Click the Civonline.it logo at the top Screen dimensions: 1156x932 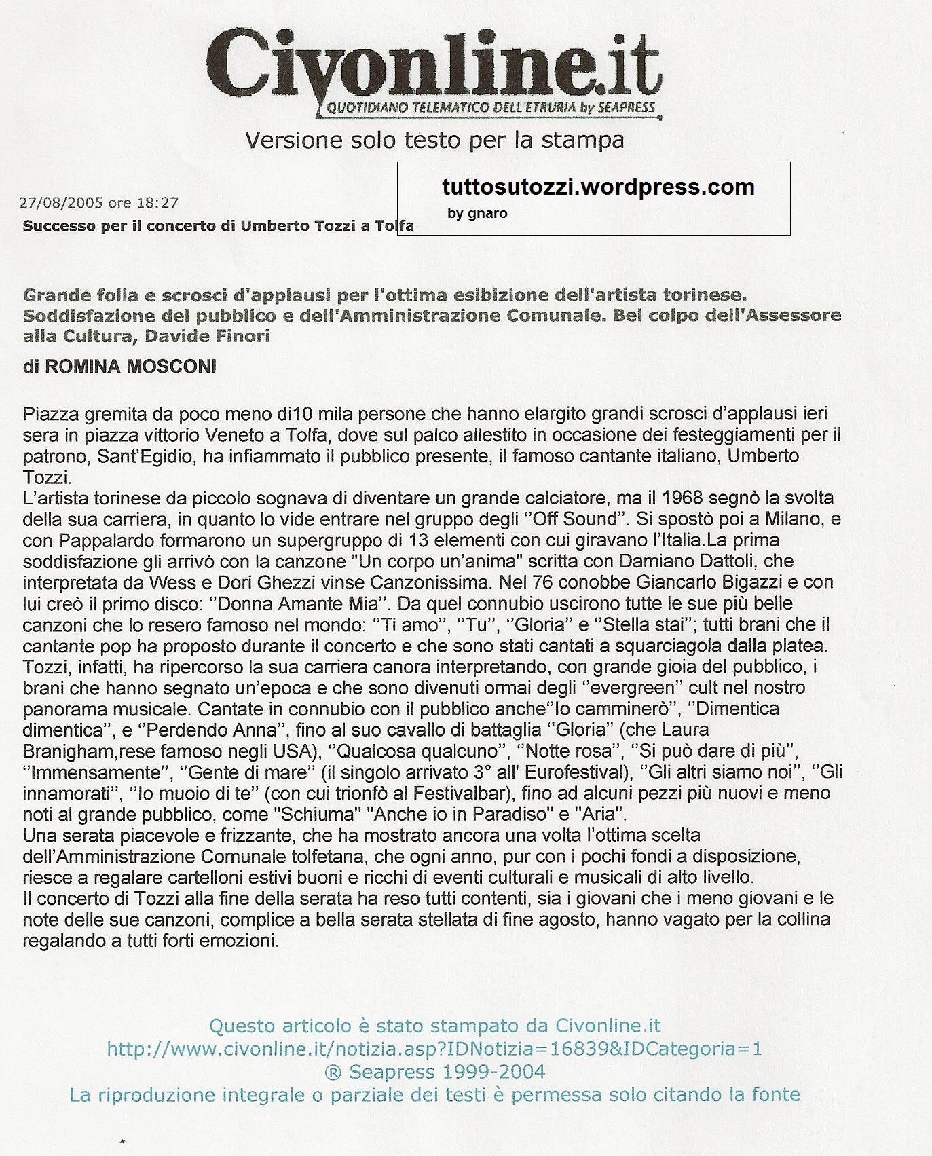(x=434, y=64)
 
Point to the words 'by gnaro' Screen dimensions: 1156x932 (x=477, y=213)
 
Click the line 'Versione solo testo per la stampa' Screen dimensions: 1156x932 (x=434, y=140)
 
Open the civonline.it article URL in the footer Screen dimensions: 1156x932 (x=434, y=1049)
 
